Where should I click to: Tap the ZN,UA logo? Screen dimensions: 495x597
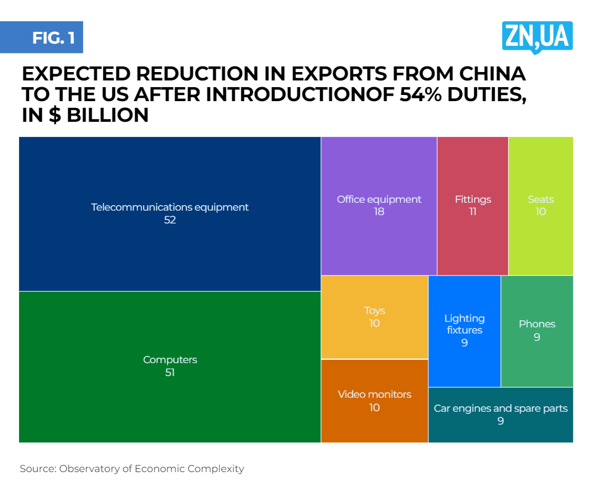click(537, 37)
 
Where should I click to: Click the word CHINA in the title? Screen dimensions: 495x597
click(493, 75)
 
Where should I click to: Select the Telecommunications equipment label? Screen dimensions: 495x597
click(170, 207)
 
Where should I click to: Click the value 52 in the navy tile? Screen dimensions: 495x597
click(170, 220)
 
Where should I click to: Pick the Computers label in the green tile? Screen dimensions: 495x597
click(170, 360)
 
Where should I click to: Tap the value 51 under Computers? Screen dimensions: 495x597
click(170, 373)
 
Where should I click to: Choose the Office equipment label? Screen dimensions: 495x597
click(379, 199)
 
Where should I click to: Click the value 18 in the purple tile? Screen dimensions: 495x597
click(379, 212)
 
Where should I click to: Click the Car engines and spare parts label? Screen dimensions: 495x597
click(500, 408)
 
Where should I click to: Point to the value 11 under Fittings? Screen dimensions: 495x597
click(472, 212)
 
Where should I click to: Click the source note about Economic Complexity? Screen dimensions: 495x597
click(132, 469)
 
